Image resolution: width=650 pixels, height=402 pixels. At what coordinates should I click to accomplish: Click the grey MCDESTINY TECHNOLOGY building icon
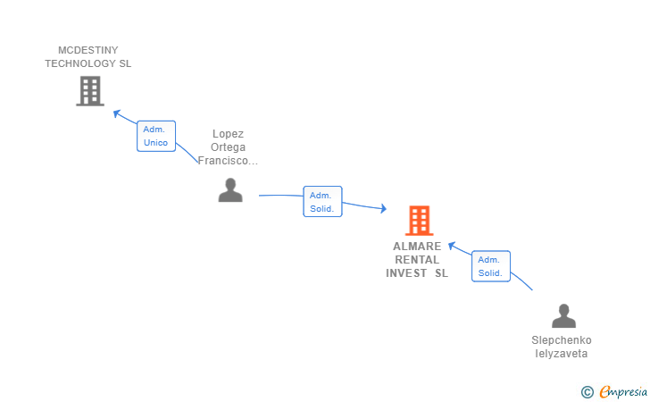[90, 91]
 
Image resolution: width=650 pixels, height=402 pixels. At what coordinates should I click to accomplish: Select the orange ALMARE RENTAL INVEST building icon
[419, 221]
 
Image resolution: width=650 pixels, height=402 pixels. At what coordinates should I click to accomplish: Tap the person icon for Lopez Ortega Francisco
[230, 190]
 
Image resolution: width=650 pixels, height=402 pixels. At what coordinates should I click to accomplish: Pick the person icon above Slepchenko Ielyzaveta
[563, 315]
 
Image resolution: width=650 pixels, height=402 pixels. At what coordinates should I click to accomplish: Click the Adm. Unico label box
[156, 136]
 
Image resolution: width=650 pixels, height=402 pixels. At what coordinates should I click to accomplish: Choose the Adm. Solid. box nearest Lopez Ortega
[322, 202]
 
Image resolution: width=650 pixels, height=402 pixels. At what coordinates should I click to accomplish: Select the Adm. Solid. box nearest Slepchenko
[491, 266]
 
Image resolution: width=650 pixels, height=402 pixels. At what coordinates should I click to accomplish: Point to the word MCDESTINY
[87, 50]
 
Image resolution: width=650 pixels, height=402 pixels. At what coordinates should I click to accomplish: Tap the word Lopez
[228, 134]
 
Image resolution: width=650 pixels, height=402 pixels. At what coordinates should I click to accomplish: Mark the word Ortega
[228, 147]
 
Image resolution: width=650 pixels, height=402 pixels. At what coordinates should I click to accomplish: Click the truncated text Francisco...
[228, 161]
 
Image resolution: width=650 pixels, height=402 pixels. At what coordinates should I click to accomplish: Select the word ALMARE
[417, 247]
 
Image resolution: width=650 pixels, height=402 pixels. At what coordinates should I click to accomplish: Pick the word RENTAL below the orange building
[417, 260]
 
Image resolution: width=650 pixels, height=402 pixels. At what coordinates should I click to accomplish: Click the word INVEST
[406, 273]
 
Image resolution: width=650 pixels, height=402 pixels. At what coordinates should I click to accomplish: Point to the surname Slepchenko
[562, 340]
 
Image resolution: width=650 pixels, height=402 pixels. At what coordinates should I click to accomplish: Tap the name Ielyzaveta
[562, 354]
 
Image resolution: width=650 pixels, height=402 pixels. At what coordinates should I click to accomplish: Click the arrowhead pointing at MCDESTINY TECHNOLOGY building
[117, 113]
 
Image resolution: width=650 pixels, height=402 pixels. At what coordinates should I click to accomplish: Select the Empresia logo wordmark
[623, 391]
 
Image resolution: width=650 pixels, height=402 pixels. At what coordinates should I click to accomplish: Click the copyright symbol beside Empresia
[587, 392]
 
